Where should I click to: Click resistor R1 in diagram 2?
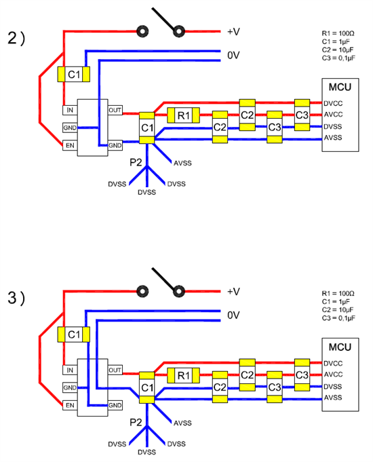click(183, 115)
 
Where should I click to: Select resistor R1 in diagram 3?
click(183, 375)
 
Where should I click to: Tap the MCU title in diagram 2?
click(340, 87)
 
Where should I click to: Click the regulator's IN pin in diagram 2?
click(70, 110)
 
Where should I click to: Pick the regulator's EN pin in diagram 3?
click(70, 406)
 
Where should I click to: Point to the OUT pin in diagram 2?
click(115, 110)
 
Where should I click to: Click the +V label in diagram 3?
click(234, 292)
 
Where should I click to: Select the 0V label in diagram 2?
click(233, 55)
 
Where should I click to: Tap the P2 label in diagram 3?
click(136, 422)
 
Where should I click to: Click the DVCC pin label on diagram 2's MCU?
click(333, 103)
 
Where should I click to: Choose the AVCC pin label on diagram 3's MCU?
click(333, 374)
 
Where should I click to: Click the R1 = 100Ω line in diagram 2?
click(338, 33)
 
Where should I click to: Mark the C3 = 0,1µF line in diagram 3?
click(338, 318)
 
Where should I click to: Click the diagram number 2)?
click(16, 38)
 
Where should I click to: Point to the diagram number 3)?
click(16, 298)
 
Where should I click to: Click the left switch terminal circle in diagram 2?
click(142, 31)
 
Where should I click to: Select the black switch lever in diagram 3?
click(164, 280)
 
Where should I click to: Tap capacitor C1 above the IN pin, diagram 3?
click(74, 334)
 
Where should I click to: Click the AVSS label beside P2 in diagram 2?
click(182, 163)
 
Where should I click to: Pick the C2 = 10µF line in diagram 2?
click(338, 50)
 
